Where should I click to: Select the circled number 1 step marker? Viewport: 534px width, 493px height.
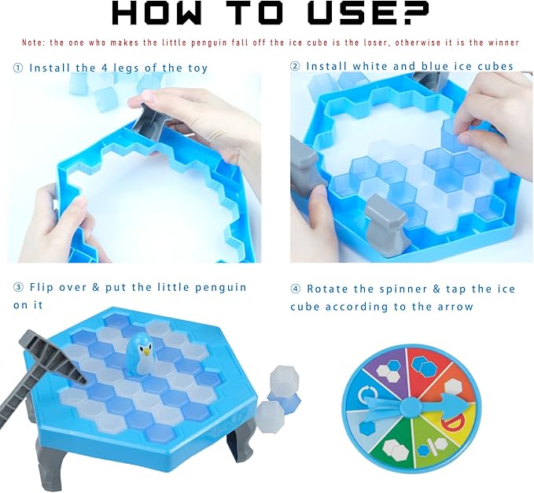pyautogui.click(x=19, y=68)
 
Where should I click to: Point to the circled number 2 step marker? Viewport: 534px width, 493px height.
pyautogui.click(x=295, y=66)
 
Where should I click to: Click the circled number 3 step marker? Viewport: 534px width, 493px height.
pyautogui.click(x=19, y=288)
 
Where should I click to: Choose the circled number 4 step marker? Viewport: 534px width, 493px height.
pyautogui.click(x=295, y=289)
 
